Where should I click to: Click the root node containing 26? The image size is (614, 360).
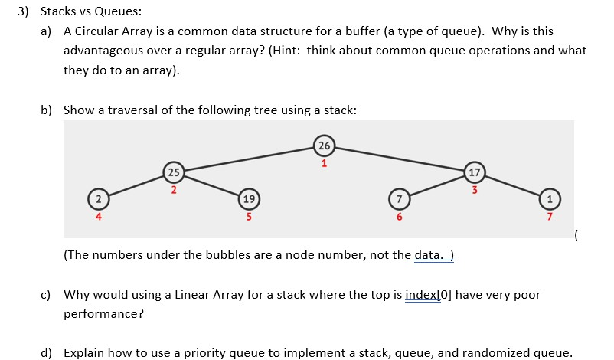pyautogui.click(x=325, y=146)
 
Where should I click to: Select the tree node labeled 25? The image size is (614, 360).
pyautogui.click(x=174, y=171)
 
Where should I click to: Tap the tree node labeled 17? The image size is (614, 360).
pyautogui.click(x=475, y=171)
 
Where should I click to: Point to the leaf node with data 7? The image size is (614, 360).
pyautogui.click(x=398, y=200)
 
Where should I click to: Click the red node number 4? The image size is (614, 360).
pyautogui.click(x=98, y=218)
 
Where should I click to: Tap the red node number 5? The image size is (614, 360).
pyautogui.click(x=249, y=218)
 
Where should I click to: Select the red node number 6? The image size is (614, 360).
pyautogui.click(x=398, y=218)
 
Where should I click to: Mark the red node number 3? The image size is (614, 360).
pyautogui.click(x=475, y=189)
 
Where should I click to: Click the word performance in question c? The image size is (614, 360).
pyautogui.click(x=101, y=314)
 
